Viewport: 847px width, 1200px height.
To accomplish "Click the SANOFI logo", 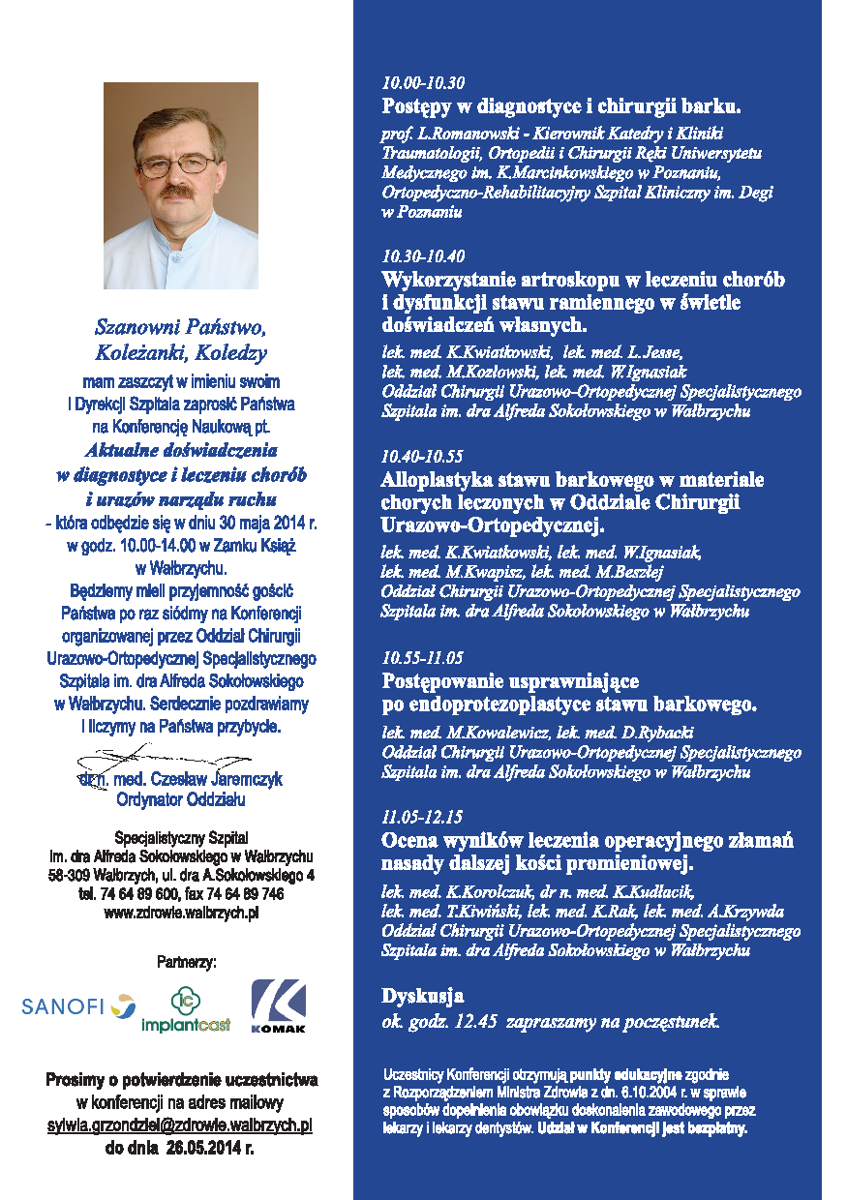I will coord(78,1005).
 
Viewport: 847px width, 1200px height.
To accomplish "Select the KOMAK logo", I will coord(279,1006).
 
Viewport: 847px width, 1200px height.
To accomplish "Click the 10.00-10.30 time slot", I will coord(423,82).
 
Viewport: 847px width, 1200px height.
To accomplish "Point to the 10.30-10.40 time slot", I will coord(423,256).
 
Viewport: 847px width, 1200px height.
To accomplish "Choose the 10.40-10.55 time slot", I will coord(423,456).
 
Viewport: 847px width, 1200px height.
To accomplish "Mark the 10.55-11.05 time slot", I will coord(423,658).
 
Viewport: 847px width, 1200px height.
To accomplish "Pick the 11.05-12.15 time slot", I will coord(423,817).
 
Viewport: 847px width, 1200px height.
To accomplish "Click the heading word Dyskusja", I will coord(423,995).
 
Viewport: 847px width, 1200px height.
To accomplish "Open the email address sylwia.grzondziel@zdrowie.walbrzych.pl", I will coord(180,1126).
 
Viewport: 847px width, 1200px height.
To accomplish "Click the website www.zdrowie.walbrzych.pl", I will coord(181,912).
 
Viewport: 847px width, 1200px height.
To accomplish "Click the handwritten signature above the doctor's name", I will coord(145,754).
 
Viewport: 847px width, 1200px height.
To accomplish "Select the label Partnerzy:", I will coord(187,962).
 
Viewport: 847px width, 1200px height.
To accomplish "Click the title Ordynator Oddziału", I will coord(181,799).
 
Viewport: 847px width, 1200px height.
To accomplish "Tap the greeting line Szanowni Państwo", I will coord(181,326).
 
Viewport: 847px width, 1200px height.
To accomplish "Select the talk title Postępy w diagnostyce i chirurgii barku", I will coord(561,106).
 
